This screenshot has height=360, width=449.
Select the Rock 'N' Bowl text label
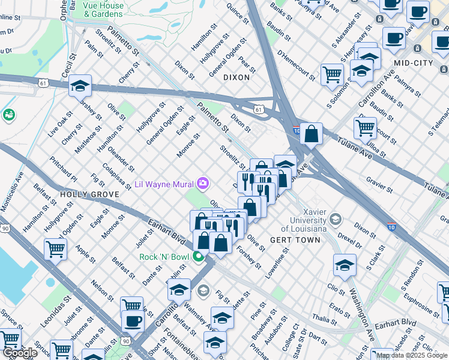point(164,257)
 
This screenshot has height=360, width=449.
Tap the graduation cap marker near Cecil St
point(80,86)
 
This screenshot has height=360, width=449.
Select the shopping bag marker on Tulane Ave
point(312,134)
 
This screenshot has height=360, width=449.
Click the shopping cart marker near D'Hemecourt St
point(331,75)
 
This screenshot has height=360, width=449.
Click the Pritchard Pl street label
point(64,170)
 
